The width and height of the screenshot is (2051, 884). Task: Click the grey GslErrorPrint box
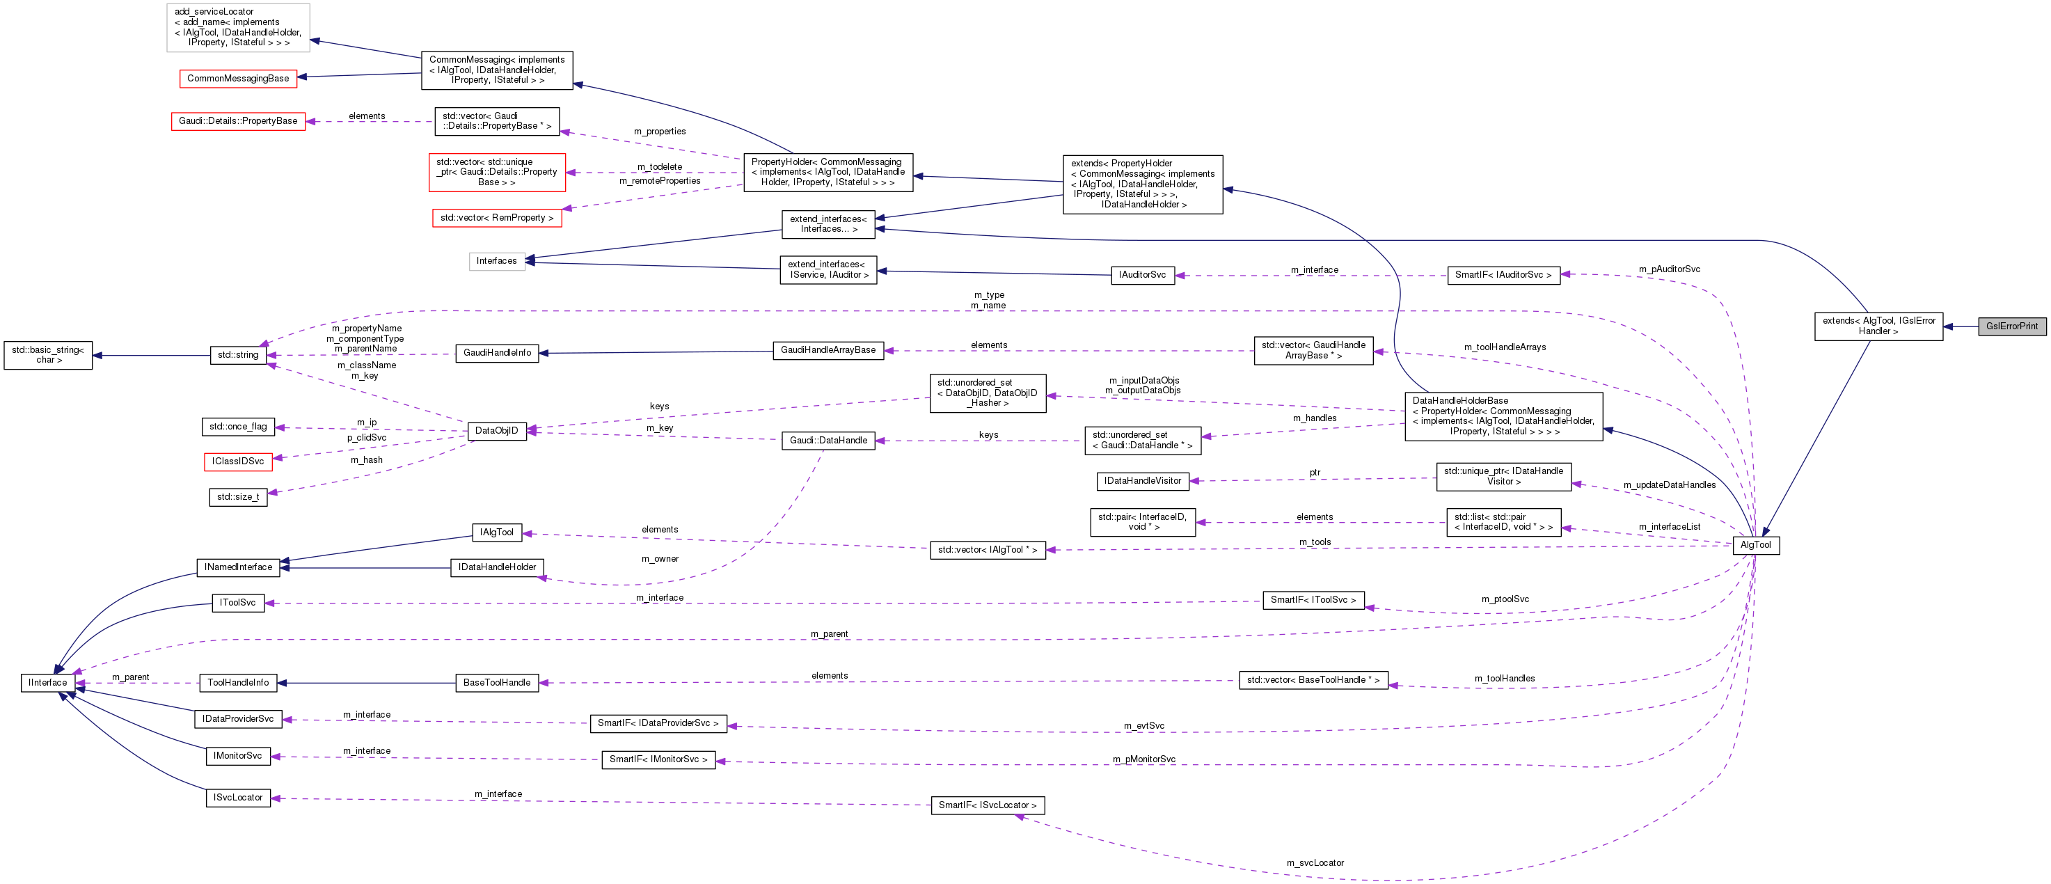coord(2011,326)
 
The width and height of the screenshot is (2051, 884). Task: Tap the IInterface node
coord(48,683)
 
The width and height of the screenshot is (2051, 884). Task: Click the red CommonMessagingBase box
coord(238,78)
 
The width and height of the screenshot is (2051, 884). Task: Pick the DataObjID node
coord(496,431)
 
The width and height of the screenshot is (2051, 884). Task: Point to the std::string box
coord(238,355)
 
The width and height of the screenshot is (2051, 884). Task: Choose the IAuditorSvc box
coord(1142,275)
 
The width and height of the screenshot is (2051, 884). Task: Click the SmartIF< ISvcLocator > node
coord(988,805)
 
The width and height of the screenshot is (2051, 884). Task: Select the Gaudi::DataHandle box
coord(828,441)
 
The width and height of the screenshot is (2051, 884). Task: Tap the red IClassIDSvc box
coord(238,461)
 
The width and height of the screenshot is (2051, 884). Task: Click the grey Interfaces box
coord(497,261)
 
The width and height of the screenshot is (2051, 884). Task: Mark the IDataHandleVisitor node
coord(1143,481)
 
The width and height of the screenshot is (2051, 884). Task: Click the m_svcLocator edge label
coord(1315,862)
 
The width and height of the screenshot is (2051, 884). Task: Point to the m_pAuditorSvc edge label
coord(1669,269)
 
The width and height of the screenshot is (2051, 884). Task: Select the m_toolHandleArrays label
coord(1505,347)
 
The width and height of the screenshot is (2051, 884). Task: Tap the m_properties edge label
coord(659,132)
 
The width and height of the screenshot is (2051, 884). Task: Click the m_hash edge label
coord(366,459)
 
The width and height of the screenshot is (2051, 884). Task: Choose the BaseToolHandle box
coord(497,683)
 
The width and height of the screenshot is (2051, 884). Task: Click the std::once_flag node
coord(238,427)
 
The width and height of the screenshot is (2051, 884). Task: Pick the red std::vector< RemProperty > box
coord(497,217)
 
